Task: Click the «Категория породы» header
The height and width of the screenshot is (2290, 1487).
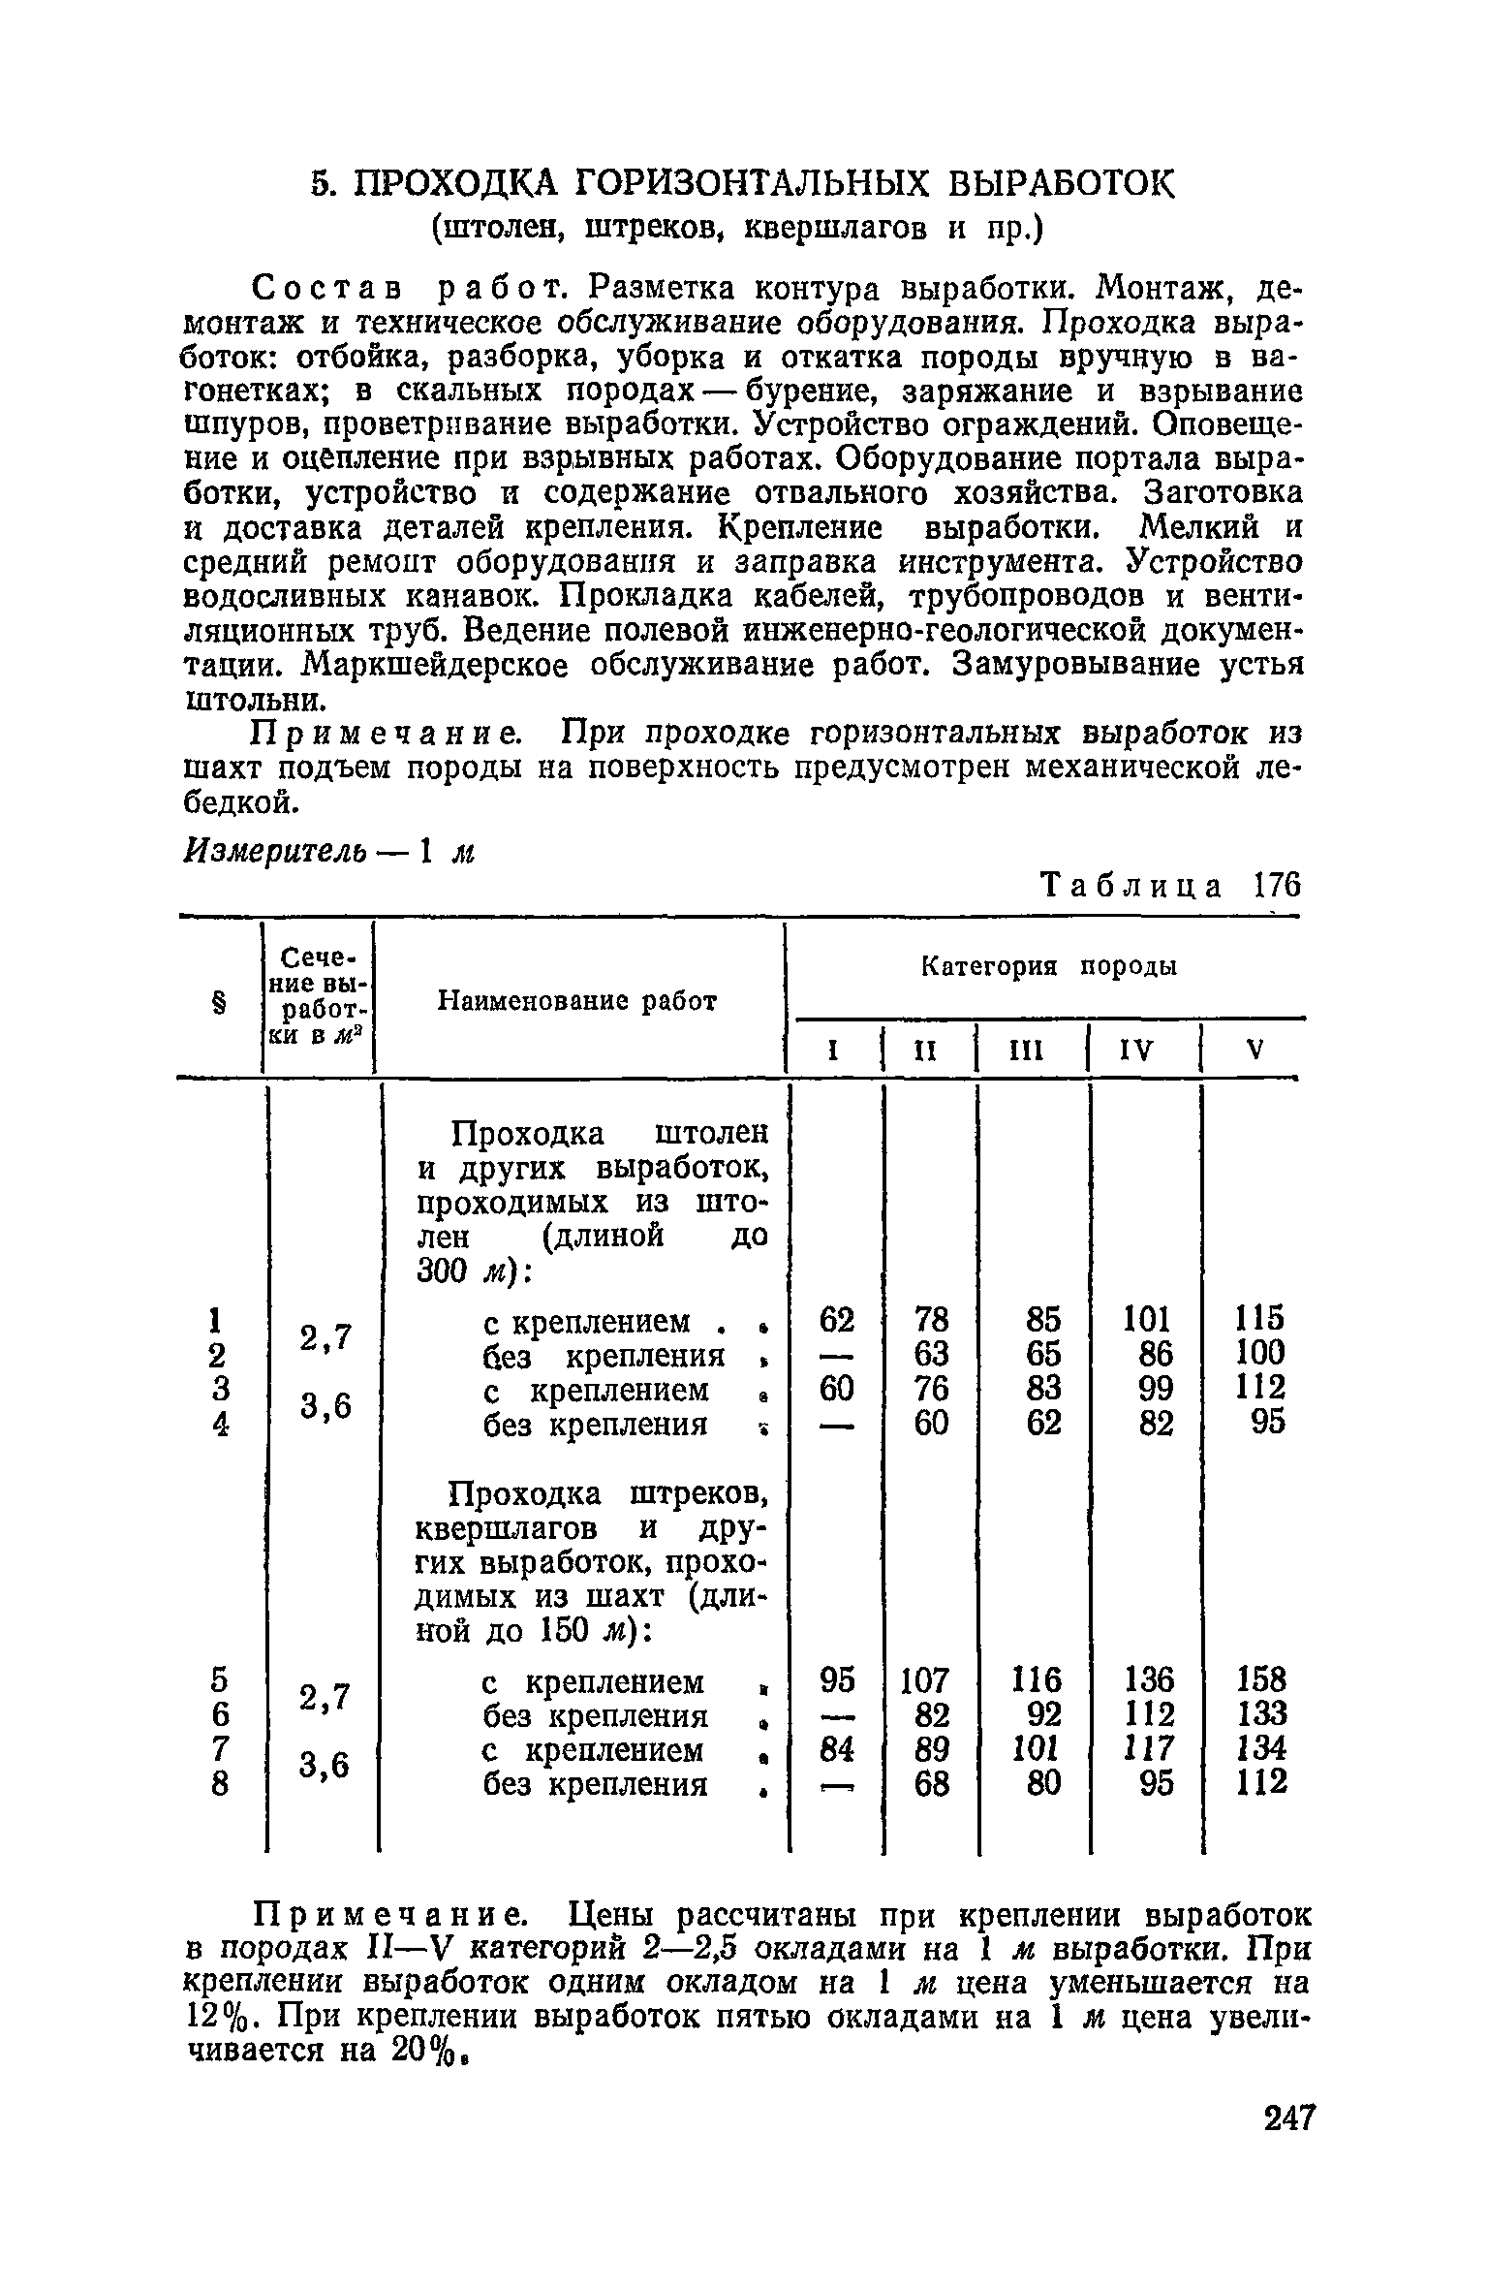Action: [1048, 967]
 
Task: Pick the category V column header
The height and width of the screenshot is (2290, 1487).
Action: [1255, 1050]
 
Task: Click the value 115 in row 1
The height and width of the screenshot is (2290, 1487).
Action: [1259, 1319]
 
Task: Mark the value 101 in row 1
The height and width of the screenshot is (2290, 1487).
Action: [1147, 1319]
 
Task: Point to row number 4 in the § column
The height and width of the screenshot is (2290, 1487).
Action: [221, 1424]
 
